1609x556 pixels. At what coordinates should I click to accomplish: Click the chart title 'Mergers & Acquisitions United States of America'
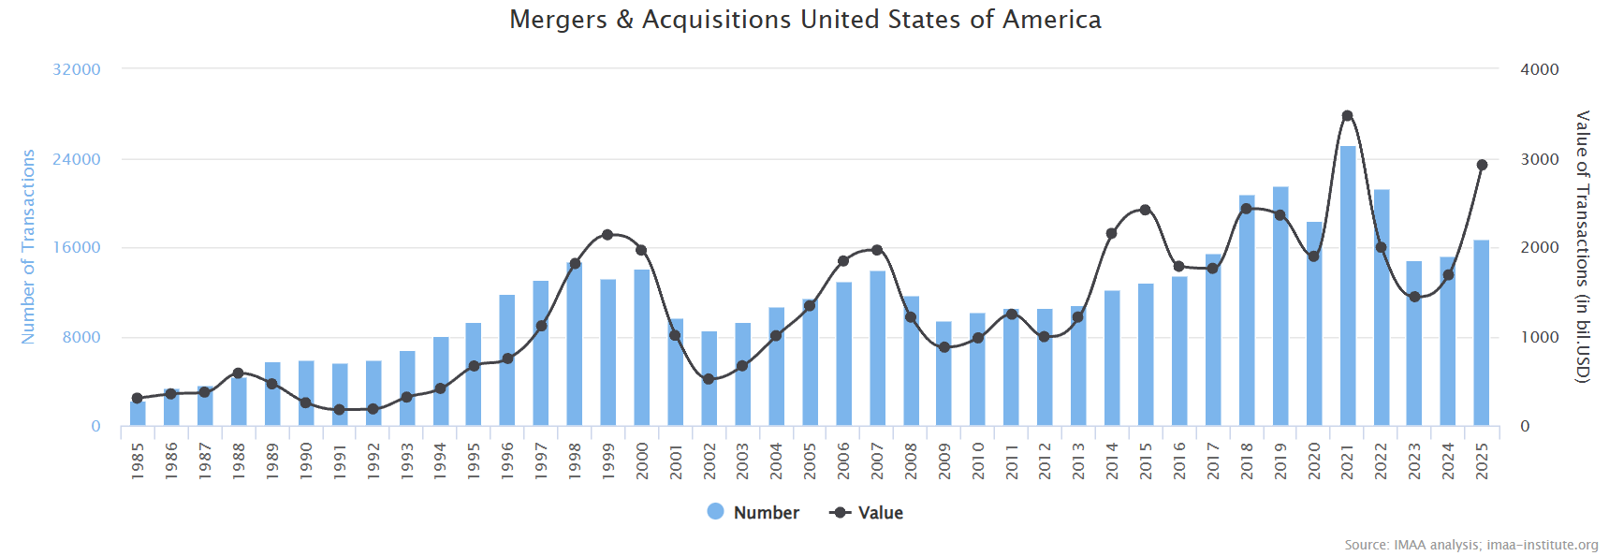click(x=805, y=20)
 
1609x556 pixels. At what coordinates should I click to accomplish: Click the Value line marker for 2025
click(x=1482, y=165)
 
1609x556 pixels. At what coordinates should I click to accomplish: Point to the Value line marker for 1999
click(x=607, y=234)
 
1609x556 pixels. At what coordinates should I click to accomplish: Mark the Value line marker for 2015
click(x=1146, y=210)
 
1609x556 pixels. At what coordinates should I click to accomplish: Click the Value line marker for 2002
click(x=709, y=379)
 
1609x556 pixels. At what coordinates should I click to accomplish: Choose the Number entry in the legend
click(x=753, y=512)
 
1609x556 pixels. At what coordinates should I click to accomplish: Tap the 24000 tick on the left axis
click(x=77, y=159)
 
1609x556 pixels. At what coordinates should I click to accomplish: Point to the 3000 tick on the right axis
click(x=1540, y=159)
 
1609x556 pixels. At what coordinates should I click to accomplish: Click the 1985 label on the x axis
click(x=138, y=461)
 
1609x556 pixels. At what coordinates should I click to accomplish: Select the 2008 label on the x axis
click(x=911, y=461)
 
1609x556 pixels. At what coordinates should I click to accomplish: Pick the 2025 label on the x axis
click(x=1482, y=461)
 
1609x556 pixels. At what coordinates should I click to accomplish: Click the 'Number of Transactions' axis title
click(x=28, y=246)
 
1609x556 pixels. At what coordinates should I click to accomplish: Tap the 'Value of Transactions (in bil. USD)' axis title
click(x=1583, y=246)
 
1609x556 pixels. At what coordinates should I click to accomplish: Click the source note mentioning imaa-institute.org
click(x=1470, y=545)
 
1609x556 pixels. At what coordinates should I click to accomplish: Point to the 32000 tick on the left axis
click(x=77, y=69)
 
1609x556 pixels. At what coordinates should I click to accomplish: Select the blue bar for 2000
click(x=642, y=347)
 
